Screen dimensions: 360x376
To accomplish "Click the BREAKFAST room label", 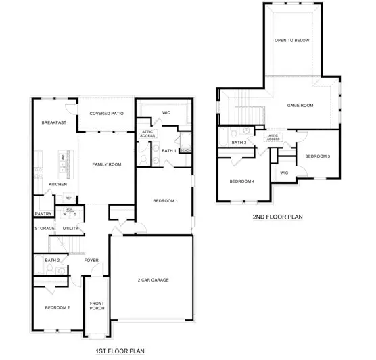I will (53, 122).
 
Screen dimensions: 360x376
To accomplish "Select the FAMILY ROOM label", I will (106, 164).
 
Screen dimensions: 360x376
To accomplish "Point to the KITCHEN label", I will (58, 184).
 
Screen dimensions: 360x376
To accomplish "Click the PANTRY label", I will (43, 215).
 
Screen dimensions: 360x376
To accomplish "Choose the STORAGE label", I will (45, 229).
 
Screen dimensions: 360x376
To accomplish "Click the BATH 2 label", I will (52, 261).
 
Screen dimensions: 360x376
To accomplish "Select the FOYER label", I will (91, 261).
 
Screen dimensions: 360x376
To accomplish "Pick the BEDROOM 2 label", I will (57, 307).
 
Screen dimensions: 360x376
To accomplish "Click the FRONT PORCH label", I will (97, 305).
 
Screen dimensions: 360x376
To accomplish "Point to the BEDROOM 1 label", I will (164, 200).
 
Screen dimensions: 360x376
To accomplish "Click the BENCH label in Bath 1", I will (185, 150).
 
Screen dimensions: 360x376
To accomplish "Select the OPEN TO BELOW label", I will (292, 40).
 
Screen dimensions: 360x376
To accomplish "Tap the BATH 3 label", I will (239, 143).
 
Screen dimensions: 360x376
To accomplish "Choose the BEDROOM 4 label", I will (241, 181).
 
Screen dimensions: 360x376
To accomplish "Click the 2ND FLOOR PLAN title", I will (277, 217).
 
